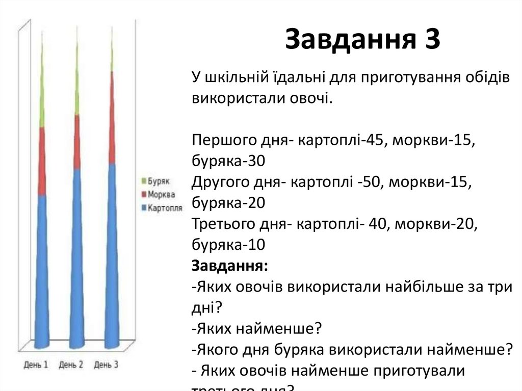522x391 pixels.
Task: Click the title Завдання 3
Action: coord(362,40)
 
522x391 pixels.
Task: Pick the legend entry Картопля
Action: coord(165,208)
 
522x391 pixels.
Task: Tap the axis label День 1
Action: coord(36,365)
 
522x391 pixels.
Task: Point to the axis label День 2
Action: coord(71,365)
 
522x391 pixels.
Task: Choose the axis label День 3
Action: coord(106,365)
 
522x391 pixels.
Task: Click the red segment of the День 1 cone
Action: coord(42,161)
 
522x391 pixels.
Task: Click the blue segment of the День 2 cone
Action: coord(76,255)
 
